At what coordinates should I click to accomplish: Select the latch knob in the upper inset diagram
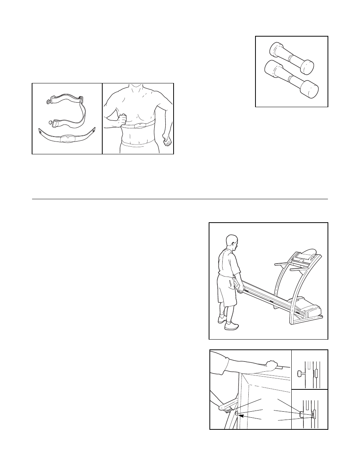[x=301, y=374]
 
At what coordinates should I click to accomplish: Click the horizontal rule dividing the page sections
[x=180, y=199]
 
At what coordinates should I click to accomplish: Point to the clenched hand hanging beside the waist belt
[x=167, y=142]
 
